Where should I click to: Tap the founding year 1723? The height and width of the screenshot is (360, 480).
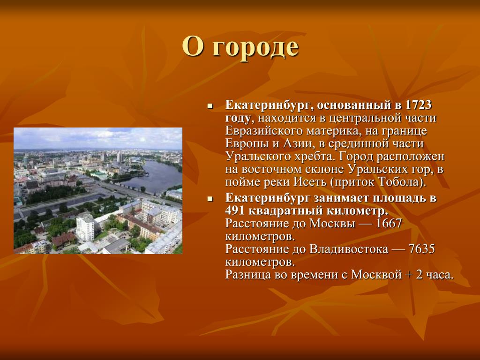(418, 105)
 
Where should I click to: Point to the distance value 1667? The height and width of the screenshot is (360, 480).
(389, 223)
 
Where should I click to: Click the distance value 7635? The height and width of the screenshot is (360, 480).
(421, 249)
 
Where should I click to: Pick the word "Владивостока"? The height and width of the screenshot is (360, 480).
(349, 249)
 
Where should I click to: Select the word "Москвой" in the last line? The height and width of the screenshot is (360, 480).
(376, 275)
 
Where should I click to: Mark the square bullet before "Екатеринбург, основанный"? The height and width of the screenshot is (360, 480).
(210, 106)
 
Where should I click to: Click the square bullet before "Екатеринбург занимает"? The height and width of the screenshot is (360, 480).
(210, 199)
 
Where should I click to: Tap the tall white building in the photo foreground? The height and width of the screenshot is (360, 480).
(85, 227)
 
